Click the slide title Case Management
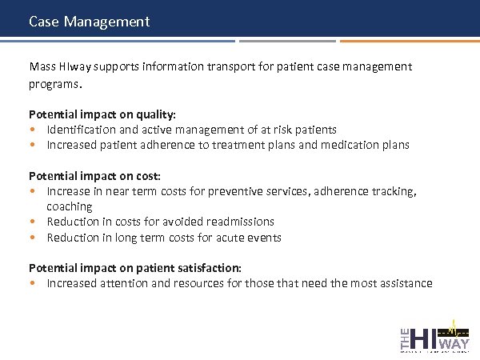pyautogui.click(x=89, y=22)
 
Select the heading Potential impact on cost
pyautogui.click(x=94, y=175)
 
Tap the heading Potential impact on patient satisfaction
pyautogui.click(x=135, y=268)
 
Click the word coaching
pyautogui.click(x=70, y=206)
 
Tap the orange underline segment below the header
pyautogui.click(x=408, y=41)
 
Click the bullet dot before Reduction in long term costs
pyautogui.click(x=33, y=238)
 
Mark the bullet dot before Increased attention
pyautogui.click(x=33, y=283)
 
